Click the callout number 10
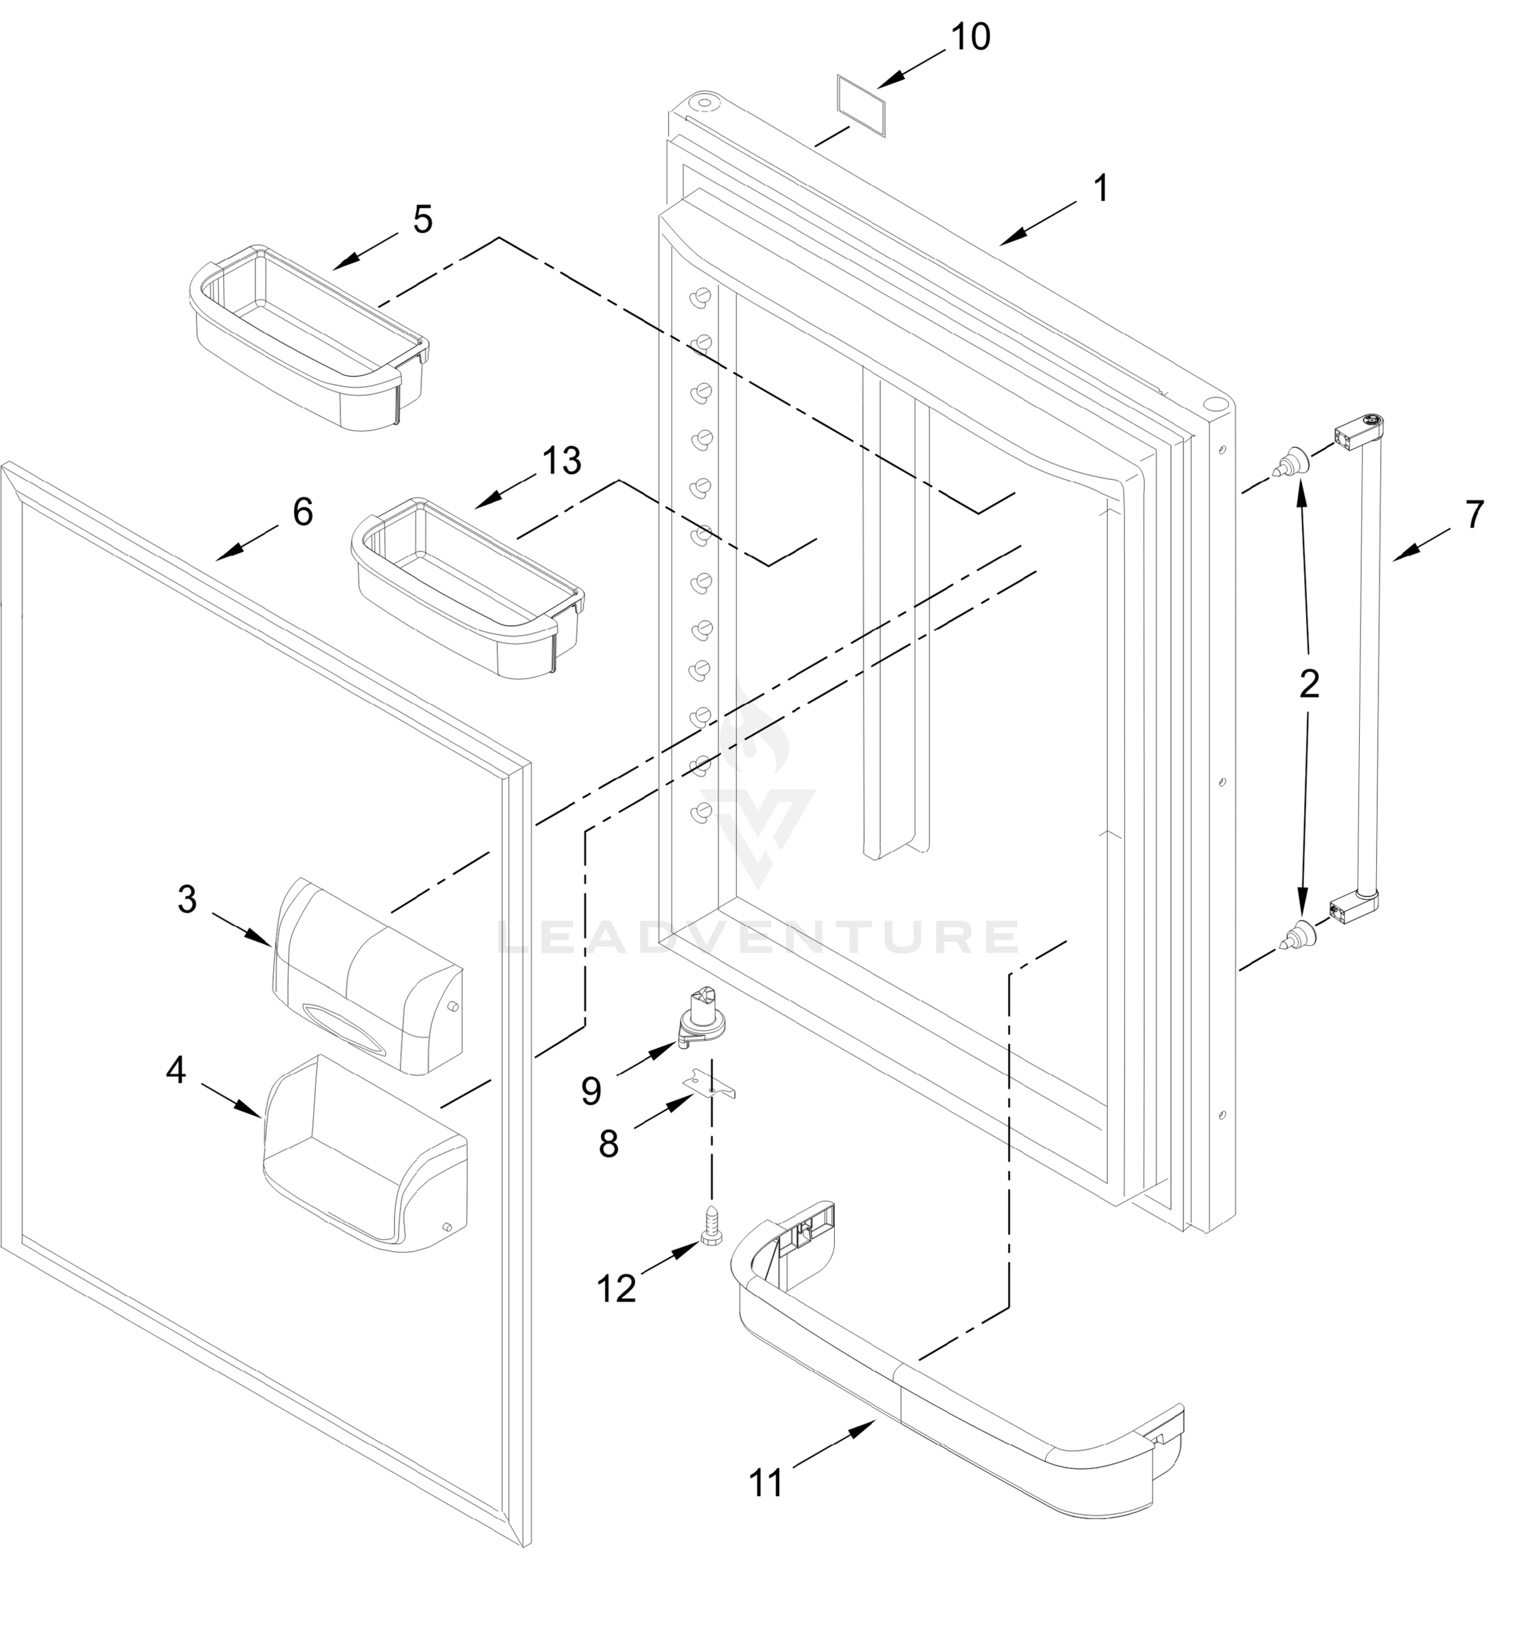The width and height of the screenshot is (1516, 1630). (970, 37)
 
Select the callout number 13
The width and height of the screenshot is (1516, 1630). (561, 460)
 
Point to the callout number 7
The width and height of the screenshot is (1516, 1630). (1474, 515)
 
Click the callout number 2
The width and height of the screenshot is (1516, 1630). (1309, 685)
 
